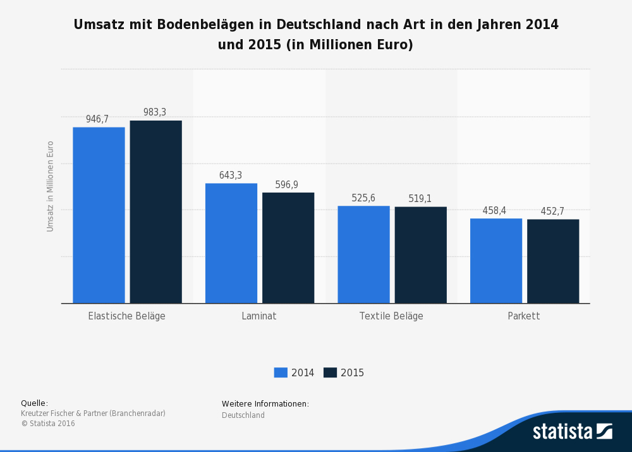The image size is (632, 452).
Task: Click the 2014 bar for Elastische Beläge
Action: (x=99, y=215)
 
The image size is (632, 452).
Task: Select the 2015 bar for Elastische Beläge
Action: (x=155, y=212)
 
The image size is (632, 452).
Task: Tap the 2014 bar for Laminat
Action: (x=231, y=243)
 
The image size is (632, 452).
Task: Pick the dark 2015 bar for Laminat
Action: (x=288, y=248)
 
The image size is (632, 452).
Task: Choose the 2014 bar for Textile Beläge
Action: (x=363, y=254)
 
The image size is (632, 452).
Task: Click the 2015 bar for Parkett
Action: (x=553, y=261)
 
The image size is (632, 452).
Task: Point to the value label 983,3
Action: (x=155, y=112)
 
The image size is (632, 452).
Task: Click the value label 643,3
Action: (x=231, y=175)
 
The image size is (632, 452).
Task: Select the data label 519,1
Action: (x=420, y=199)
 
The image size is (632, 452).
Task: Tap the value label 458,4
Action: (x=494, y=211)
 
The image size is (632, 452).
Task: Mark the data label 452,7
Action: (x=552, y=211)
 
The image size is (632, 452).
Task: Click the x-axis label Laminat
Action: (x=259, y=316)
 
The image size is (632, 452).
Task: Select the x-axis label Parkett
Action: (x=524, y=316)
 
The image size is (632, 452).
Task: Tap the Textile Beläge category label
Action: (x=391, y=316)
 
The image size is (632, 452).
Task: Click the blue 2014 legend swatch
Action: (x=281, y=372)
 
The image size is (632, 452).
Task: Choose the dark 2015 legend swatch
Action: (x=330, y=372)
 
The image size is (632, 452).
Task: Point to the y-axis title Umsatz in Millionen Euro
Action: (x=51, y=186)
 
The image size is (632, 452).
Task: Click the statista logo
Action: (x=572, y=431)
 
